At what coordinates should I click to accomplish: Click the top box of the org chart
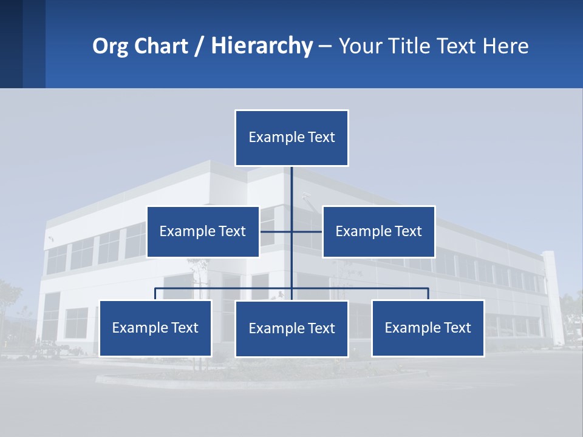coord(291,138)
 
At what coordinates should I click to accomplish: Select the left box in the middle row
coord(203,231)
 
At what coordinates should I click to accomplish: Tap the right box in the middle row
coord(378,231)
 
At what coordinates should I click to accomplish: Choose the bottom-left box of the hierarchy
coord(155,328)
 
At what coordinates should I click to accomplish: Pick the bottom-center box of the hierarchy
coord(291,328)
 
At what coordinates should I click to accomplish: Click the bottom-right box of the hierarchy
coord(428,328)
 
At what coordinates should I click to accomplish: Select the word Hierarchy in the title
coord(262,46)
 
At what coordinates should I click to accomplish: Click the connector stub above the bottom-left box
coord(155,294)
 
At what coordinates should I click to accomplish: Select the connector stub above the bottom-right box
coord(428,294)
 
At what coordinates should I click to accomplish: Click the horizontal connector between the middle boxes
coord(276,231)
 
